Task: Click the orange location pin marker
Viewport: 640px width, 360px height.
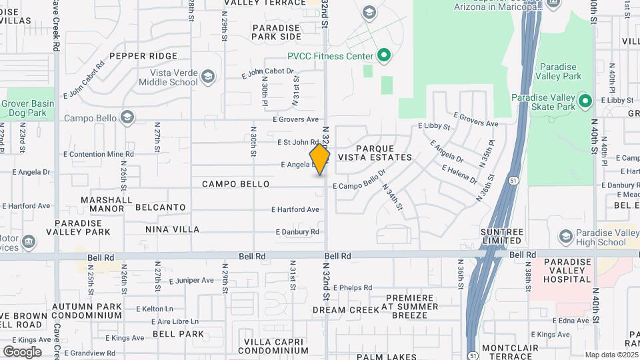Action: [320, 159]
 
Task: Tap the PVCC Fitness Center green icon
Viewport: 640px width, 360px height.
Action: [383, 56]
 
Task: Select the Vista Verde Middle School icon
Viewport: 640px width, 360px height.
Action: [208, 77]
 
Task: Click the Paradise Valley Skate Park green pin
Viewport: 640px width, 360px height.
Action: [585, 102]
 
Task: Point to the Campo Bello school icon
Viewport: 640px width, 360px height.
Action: [127, 118]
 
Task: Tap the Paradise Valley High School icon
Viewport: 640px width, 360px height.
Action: [565, 237]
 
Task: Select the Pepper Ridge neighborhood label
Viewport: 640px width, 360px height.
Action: [144, 56]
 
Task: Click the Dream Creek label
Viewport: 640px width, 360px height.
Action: [339, 310]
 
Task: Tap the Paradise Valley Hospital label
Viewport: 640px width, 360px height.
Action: [567, 271]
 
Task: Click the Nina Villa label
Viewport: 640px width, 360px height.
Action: [172, 229]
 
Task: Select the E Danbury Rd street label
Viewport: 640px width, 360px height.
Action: [297, 232]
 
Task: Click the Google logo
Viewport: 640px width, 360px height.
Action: [22, 351]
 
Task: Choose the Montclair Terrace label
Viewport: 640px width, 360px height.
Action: [510, 352]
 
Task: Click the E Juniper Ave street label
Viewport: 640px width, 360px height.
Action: [191, 280]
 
